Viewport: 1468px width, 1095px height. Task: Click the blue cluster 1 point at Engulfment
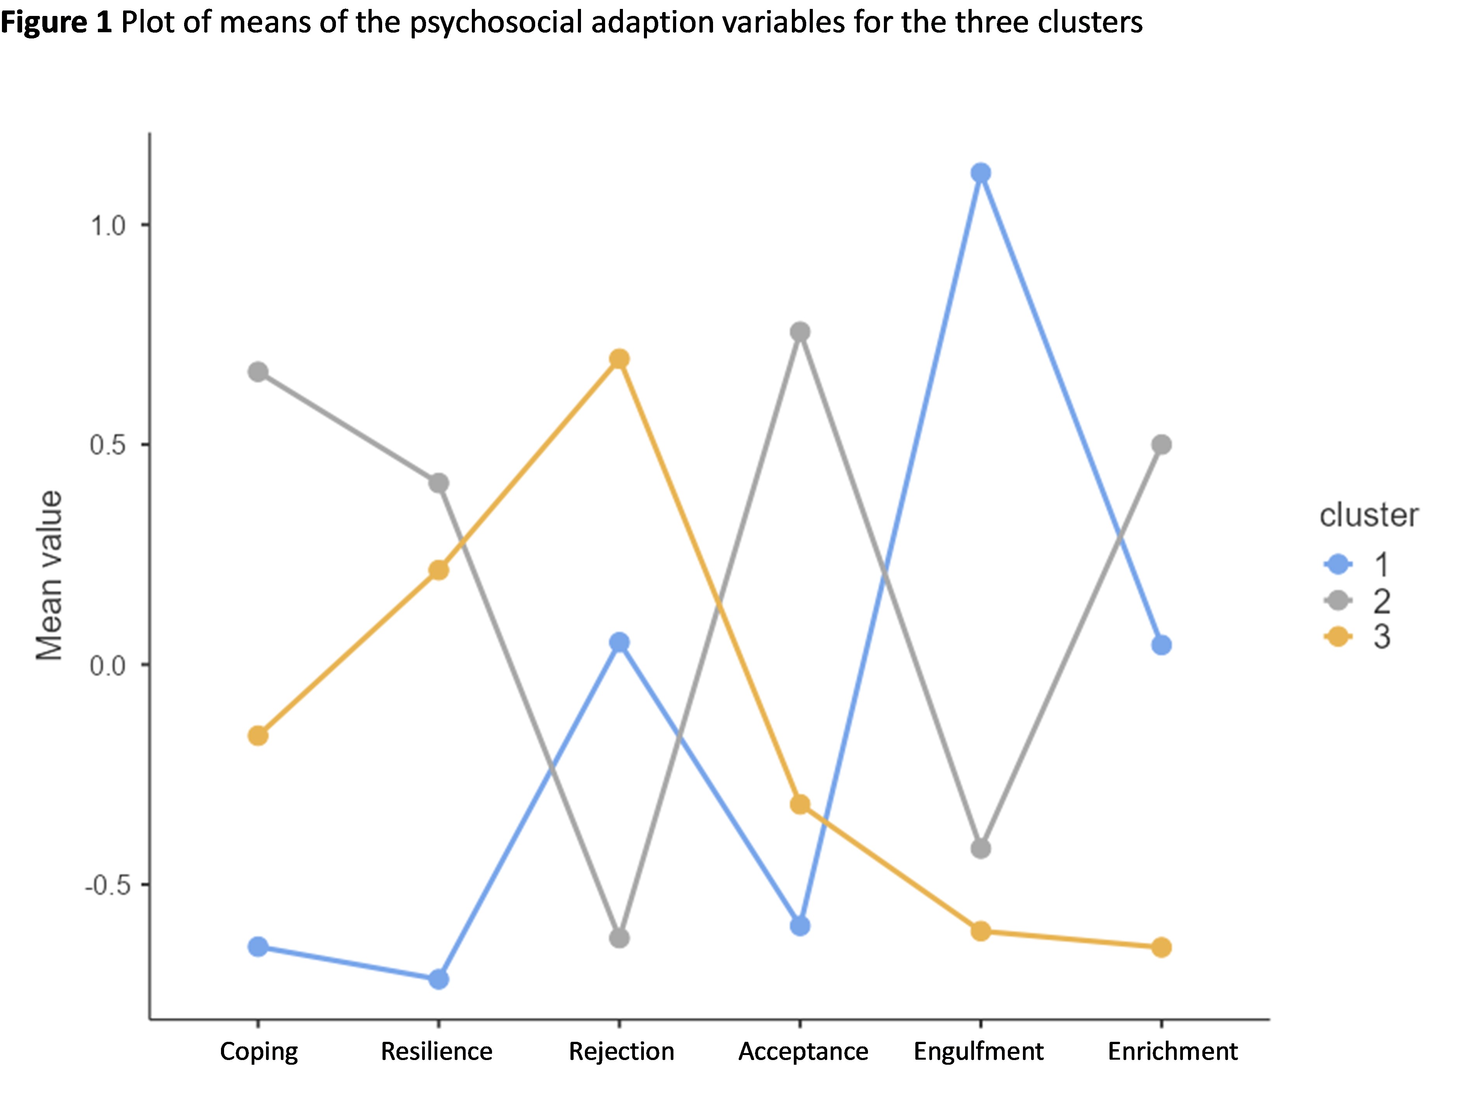[980, 174]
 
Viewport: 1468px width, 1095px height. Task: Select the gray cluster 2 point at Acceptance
[800, 332]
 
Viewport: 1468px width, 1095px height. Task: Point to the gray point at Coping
[258, 372]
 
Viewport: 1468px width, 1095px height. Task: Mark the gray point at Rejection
[619, 938]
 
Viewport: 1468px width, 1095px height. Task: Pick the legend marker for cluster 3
[1338, 637]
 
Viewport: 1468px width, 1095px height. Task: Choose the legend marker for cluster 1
[1338, 564]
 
